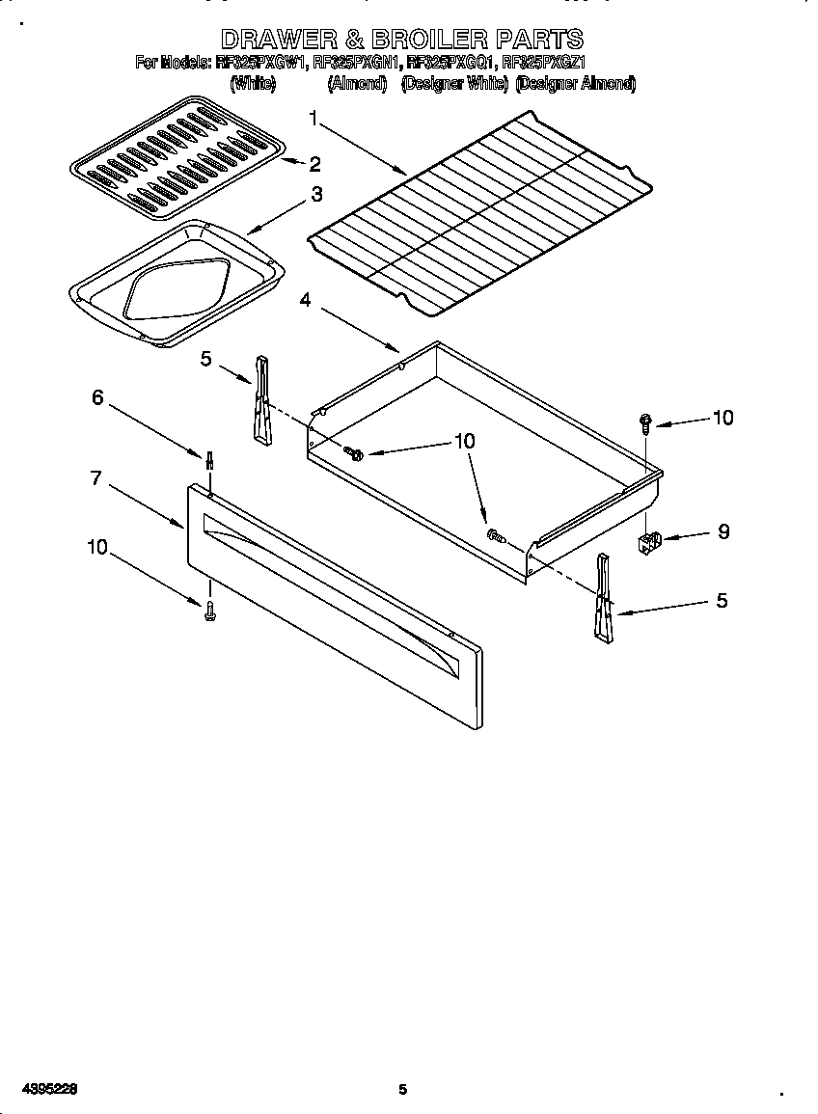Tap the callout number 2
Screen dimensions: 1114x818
[314, 163]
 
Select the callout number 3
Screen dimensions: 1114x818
[315, 195]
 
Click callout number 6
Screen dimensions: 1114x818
[97, 397]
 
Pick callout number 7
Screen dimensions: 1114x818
[95, 477]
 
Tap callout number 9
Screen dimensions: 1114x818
[723, 531]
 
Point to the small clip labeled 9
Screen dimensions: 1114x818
[649, 542]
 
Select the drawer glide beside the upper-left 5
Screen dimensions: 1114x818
[261, 401]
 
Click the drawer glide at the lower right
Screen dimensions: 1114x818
[603, 598]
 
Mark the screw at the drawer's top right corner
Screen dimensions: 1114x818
[644, 421]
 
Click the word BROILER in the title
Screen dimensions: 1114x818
[400, 40]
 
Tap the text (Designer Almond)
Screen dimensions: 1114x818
[576, 84]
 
